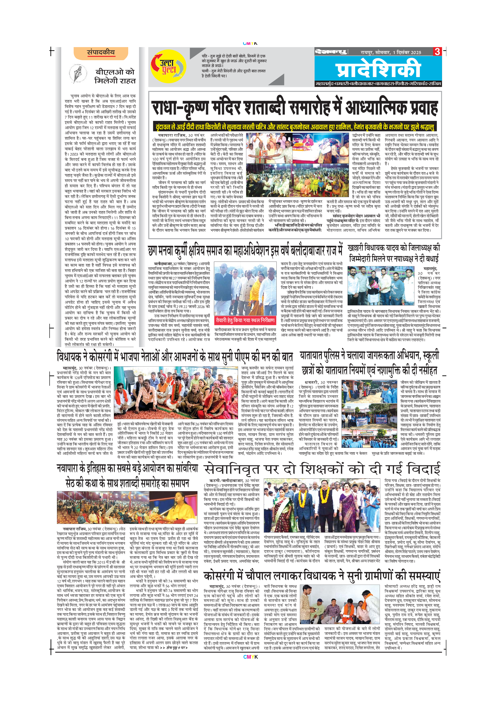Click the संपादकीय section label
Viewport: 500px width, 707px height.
click(101, 53)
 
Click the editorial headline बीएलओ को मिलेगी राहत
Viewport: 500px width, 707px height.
click(115, 76)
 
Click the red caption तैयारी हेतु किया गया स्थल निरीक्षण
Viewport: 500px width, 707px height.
click(245, 320)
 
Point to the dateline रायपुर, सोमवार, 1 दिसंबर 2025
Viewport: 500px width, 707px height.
click(391, 52)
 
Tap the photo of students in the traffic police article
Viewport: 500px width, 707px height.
click(369, 414)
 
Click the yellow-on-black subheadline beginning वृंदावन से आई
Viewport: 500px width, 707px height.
click(295, 126)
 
